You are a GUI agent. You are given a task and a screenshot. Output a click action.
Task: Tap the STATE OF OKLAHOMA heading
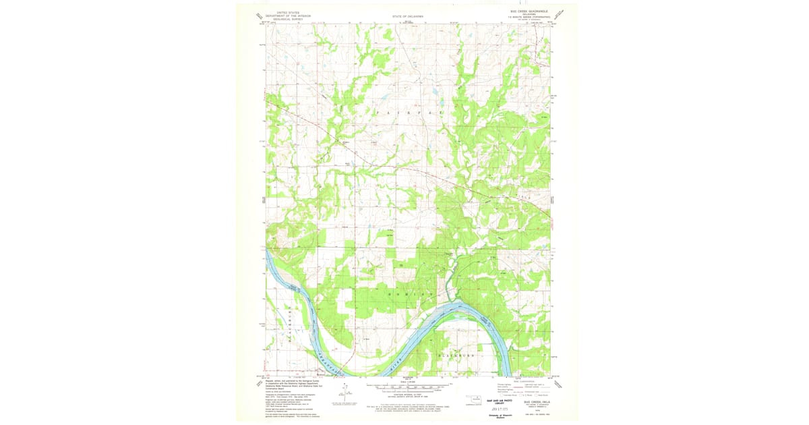pos(407,15)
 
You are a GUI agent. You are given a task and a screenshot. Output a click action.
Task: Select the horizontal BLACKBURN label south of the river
pos(458,354)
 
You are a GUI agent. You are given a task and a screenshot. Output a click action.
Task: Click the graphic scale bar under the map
pos(407,388)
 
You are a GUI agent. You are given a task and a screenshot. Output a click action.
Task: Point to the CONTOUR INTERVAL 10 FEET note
pos(407,395)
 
